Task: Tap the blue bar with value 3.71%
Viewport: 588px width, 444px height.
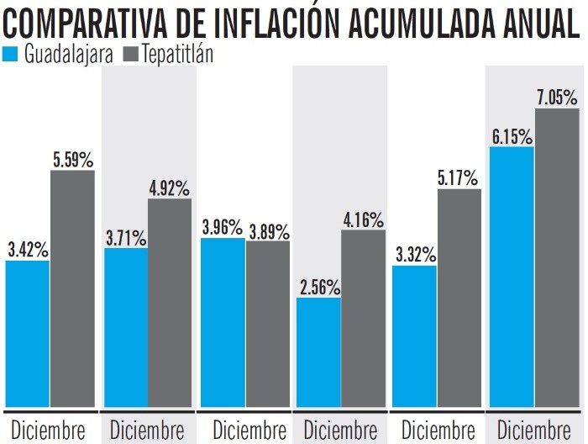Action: click(126, 327)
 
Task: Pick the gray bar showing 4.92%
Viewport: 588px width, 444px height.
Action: click(170, 303)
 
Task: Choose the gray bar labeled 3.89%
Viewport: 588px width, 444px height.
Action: click(267, 324)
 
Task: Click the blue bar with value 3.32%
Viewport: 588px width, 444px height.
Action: click(415, 336)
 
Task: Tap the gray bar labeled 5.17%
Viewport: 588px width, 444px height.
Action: click(459, 298)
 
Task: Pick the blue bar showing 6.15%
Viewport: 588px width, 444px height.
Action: click(512, 277)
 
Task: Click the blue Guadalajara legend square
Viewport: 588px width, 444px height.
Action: click(11, 55)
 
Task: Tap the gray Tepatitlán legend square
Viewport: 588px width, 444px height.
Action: click(130, 55)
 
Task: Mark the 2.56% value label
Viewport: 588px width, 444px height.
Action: click(319, 286)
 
